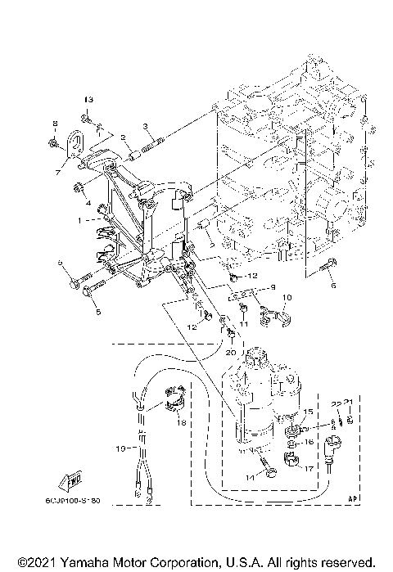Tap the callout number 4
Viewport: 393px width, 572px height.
click(x=88, y=202)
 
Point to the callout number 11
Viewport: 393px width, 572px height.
click(x=242, y=325)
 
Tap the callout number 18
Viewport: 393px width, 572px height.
click(x=182, y=422)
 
